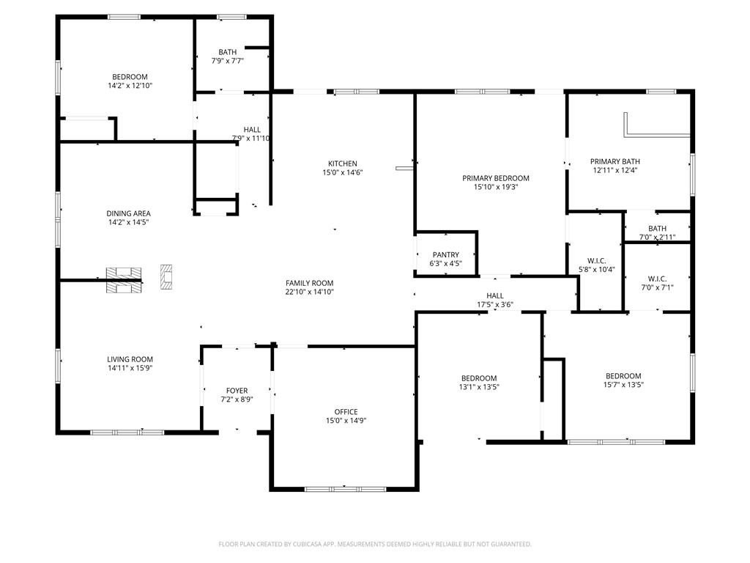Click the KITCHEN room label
tap(343, 163)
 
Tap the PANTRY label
tap(446, 255)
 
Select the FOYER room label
tap(237, 391)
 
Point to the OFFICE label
tap(346, 412)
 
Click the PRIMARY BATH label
tap(615, 162)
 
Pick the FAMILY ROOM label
tap(310, 284)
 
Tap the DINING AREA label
tap(128, 213)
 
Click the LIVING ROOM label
tap(130, 359)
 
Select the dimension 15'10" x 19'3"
tap(496, 187)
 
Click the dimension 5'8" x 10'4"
tap(597, 270)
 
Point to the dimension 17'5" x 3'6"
tap(495, 304)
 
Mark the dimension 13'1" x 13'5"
tap(479, 387)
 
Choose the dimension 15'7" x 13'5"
tap(623, 384)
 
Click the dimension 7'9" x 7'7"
tap(228, 61)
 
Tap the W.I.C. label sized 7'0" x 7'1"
tap(657, 279)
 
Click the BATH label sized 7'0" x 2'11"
tap(657, 229)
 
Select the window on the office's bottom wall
tap(346, 489)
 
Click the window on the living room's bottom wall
tap(127, 433)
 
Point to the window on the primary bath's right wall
tap(692, 174)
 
